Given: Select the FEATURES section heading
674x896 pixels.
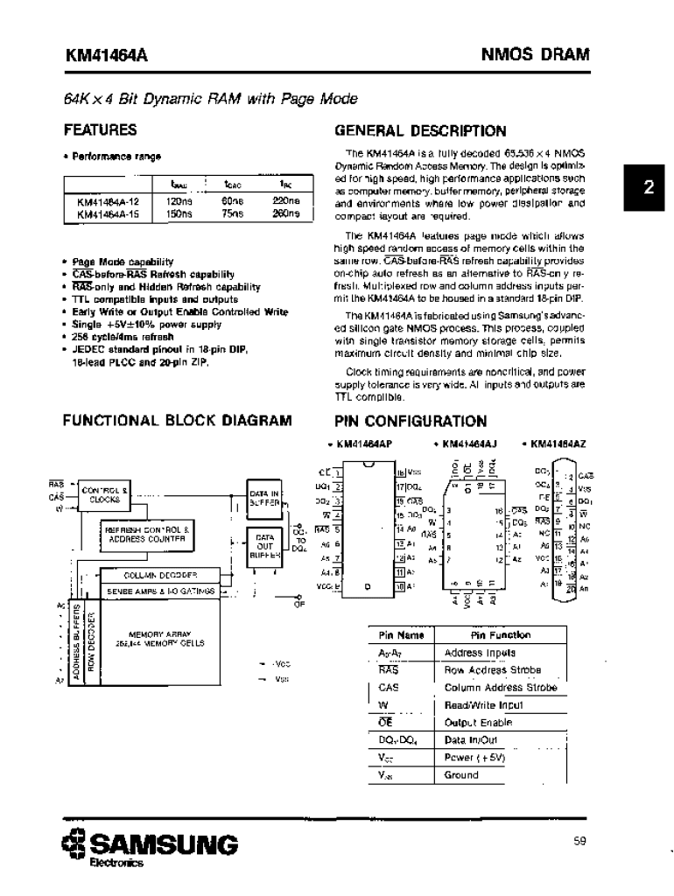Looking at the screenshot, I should click(101, 130).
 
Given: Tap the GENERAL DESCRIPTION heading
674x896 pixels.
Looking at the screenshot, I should click(420, 131).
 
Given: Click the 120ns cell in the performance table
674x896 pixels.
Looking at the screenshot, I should click(179, 200).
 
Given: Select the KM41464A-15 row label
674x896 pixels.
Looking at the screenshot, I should click(108, 213).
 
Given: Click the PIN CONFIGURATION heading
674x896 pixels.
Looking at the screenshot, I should click(411, 421).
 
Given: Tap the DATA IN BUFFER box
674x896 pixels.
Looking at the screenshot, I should click(264, 498).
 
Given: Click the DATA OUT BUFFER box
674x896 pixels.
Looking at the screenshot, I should click(264, 545).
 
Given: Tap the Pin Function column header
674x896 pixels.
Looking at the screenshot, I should click(501, 634).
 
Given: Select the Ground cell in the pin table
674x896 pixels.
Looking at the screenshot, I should click(461, 775).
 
